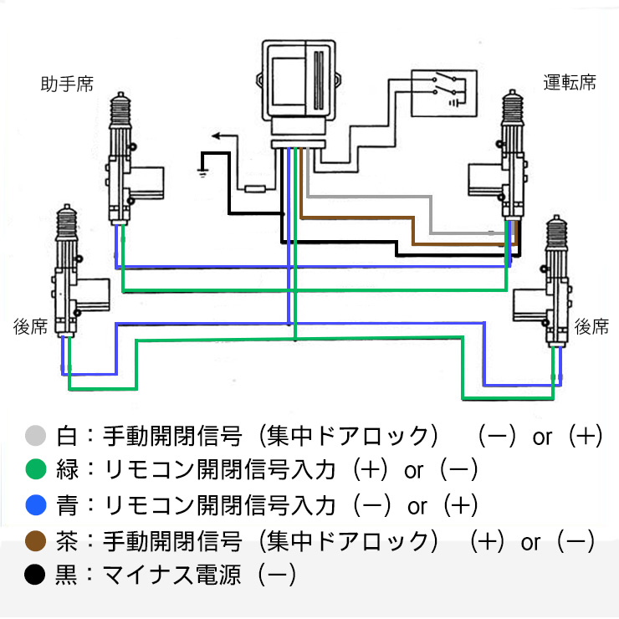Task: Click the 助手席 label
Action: pos(67,84)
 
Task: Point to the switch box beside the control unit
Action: pos(443,91)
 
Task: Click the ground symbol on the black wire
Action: pos(202,171)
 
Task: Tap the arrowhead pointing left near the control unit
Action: pos(216,135)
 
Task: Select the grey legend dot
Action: pos(35,436)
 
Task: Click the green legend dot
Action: pos(35,470)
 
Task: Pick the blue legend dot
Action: pos(35,505)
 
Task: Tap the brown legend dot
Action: pos(35,540)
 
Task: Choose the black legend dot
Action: pos(35,576)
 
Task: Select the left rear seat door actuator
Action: pos(71,276)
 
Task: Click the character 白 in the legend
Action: pos(65,436)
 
